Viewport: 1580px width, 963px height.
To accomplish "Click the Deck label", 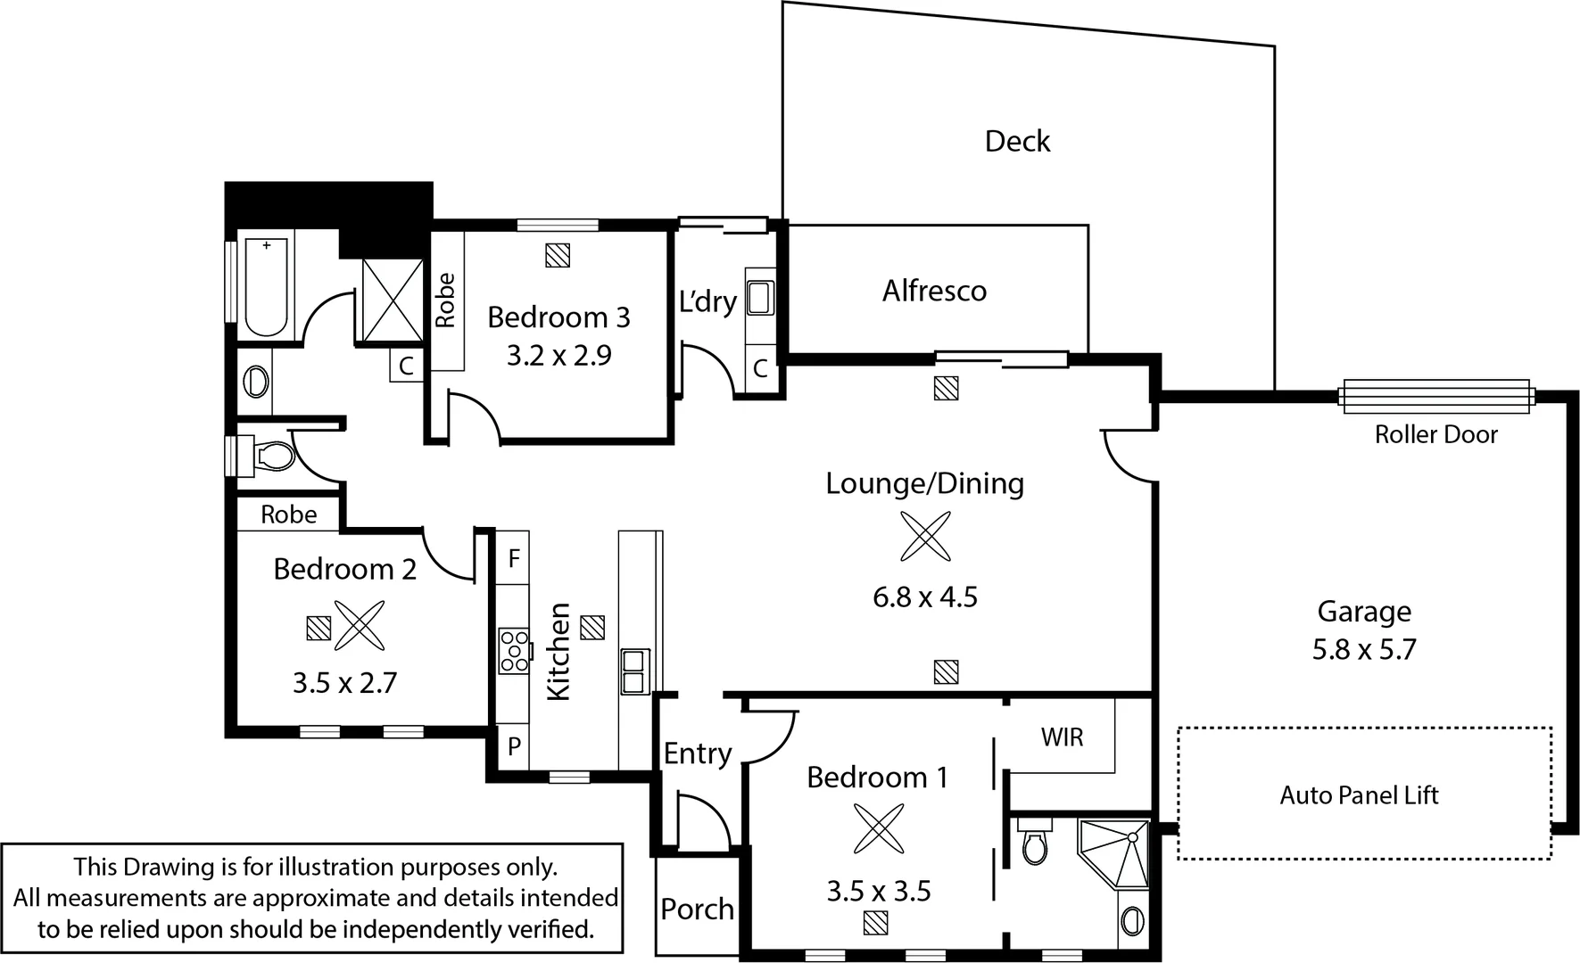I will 1017,141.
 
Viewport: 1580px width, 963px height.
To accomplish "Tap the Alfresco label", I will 934,291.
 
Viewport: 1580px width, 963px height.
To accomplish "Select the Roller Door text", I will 1435,434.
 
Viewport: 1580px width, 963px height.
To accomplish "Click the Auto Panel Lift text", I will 1359,794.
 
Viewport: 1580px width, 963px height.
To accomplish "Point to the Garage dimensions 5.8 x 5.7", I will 1363,649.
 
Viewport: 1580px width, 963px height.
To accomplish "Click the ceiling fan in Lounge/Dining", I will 925,536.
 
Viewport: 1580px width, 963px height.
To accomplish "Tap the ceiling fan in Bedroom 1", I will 879,827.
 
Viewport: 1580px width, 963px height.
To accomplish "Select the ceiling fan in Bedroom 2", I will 360,624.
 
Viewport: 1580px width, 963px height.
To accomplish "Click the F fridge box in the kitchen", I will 513,558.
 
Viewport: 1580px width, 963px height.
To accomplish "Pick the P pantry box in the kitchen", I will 514,746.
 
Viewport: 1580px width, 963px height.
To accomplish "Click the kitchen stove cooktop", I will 514,650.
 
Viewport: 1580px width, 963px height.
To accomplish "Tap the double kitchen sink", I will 634,671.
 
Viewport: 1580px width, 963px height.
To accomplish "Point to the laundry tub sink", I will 759,298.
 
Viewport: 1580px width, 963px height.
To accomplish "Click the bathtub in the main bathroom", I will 266,287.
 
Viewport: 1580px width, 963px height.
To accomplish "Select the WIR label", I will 1062,737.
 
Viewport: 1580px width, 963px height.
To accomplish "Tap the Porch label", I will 697,909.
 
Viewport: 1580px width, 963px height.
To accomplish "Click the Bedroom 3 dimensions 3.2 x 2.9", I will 558,356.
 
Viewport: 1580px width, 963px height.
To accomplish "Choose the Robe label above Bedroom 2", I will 288,514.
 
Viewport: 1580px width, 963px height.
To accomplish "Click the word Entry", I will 697,753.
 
